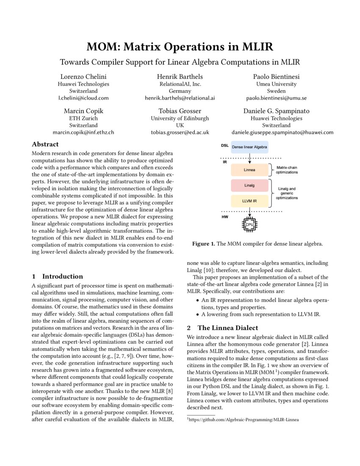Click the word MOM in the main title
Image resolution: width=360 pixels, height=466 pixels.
[x=103, y=47]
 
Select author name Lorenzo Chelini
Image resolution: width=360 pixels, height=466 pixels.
[x=83, y=76]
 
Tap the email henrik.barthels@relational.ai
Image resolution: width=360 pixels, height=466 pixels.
[x=180, y=98]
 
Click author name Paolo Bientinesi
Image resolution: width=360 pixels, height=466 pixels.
[x=276, y=76]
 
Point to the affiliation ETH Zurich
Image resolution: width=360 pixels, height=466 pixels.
[x=83, y=118]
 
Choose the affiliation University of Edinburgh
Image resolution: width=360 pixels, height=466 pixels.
[x=180, y=118]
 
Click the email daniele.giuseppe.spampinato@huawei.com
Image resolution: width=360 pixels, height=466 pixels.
[x=276, y=132]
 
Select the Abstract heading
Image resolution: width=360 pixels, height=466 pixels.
[x=45, y=144]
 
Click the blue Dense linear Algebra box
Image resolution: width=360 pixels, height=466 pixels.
[x=249, y=147]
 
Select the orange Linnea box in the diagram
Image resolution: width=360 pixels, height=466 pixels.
[x=249, y=170]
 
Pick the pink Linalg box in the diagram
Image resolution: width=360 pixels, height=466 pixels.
[x=249, y=186]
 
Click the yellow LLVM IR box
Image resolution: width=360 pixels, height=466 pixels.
[x=249, y=201]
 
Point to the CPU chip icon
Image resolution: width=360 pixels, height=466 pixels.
[x=249, y=225]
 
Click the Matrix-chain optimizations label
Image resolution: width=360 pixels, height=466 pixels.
[x=287, y=170]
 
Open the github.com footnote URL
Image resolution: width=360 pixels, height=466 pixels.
[x=244, y=420]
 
